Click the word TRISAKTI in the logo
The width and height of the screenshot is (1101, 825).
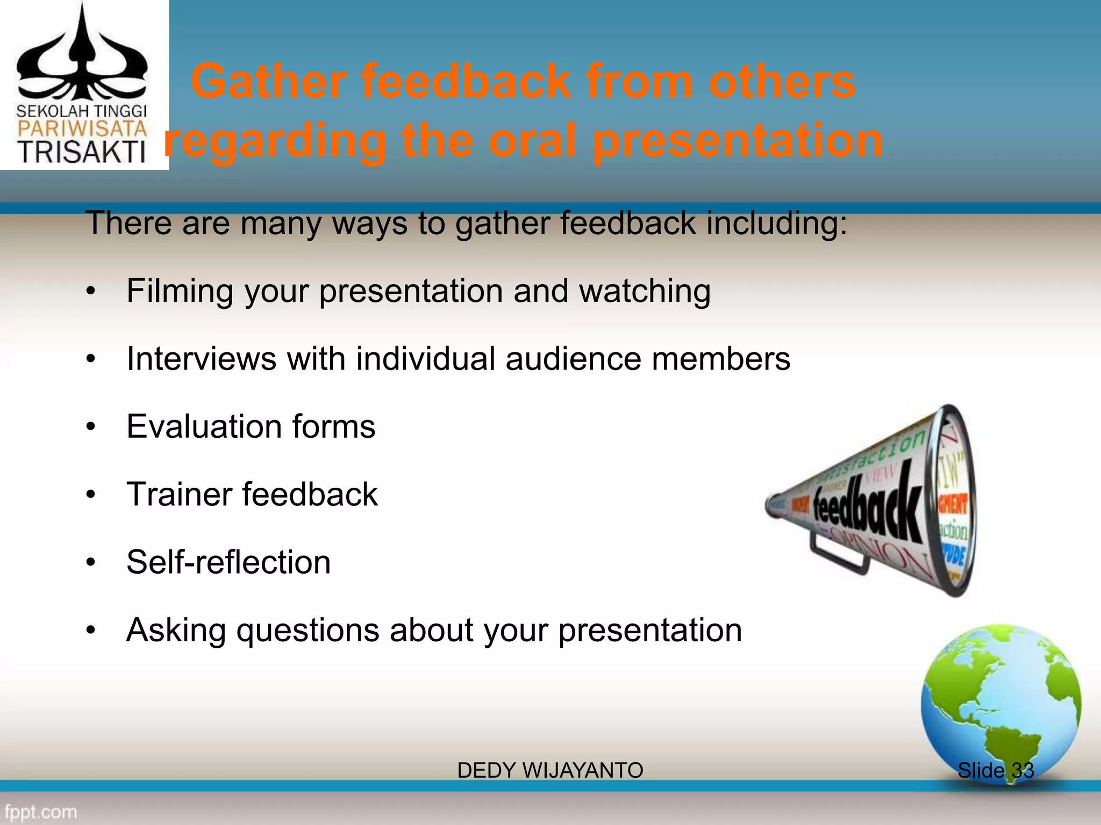(82, 151)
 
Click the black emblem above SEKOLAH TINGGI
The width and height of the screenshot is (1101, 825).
(82, 59)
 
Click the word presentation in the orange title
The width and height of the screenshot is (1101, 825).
(738, 141)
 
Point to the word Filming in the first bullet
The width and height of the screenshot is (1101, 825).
(180, 291)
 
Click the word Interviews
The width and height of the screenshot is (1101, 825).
(201, 359)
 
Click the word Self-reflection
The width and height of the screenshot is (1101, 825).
(228, 562)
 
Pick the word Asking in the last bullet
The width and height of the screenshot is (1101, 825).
(176, 631)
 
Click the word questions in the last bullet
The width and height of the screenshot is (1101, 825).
(308, 631)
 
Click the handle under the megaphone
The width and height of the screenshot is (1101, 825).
(839, 556)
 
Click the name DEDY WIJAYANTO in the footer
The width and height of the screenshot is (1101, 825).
(550, 770)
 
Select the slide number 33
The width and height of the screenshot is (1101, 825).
(1023, 770)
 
